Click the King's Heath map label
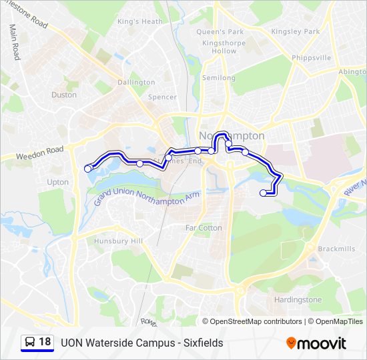point(139,21)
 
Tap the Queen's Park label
point(220,31)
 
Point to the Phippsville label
point(311,58)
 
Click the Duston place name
point(64,95)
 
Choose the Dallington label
point(136,83)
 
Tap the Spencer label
point(163,97)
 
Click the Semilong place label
point(219,78)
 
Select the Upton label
point(58,182)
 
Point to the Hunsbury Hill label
point(119,241)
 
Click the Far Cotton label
point(204,228)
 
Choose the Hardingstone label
point(298,300)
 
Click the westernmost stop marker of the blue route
point(87,169)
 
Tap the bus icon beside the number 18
point(30,343)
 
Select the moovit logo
point(316,343)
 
